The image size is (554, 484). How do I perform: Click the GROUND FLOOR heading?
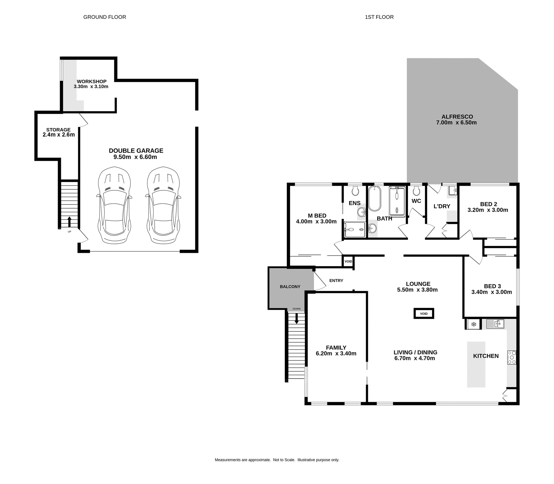pos(104,17)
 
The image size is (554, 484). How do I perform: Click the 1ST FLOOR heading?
pos(379,17)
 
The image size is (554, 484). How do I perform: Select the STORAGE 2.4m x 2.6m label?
pos(59,132)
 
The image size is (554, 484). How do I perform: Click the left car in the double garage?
pos(114,205)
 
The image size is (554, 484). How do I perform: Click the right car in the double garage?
pos(163,205)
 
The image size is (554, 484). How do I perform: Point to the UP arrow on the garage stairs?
pos(69,222)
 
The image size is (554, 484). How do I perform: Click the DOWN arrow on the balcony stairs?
pos(296,318)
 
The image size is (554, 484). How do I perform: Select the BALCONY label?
pos(290,287)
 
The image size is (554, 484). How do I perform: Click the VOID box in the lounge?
pos(424,314)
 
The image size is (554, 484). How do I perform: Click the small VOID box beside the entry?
pos(348,262)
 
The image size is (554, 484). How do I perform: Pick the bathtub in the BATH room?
pos(375,198)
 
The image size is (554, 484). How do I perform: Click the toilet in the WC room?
pos(416,191)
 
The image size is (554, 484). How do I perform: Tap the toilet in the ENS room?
pos(355,191)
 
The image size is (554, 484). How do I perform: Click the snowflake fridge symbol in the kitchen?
pos(473,324)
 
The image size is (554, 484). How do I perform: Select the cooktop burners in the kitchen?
pos(512,357)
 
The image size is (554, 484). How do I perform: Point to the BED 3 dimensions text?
pos(491,292)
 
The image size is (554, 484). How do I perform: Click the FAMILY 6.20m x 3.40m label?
pos(336,351)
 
